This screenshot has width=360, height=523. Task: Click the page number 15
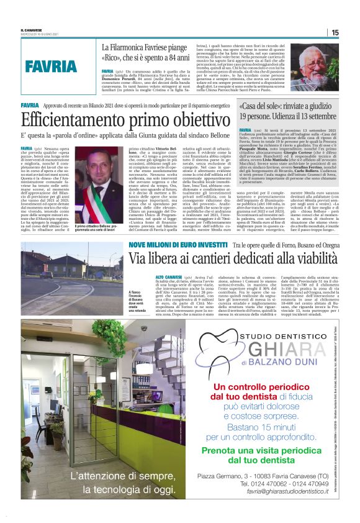click(x=335, y=32)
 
